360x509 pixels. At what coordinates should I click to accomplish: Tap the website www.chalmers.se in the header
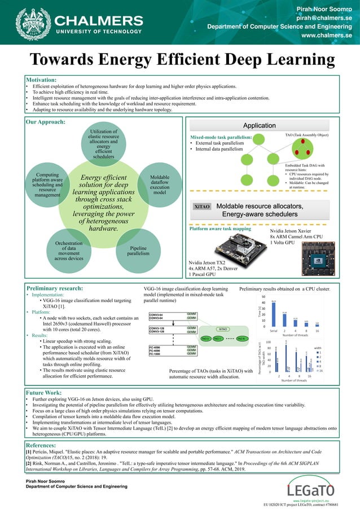point(327,35)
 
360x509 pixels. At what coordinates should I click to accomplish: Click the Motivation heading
point(41,80)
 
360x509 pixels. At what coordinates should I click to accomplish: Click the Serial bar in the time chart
point(274,313)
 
